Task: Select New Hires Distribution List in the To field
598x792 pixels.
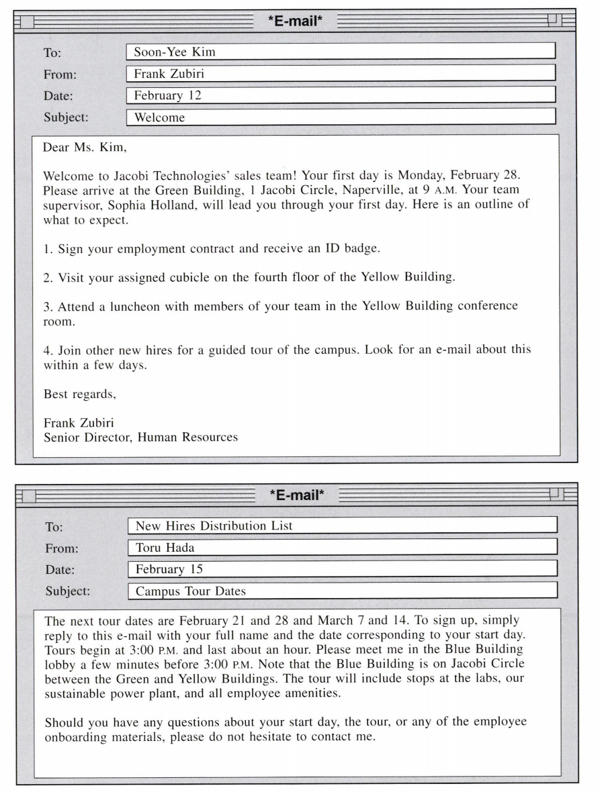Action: coord(214,526)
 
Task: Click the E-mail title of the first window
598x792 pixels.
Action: coord(296,24)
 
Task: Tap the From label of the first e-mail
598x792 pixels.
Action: coord(58,74)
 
